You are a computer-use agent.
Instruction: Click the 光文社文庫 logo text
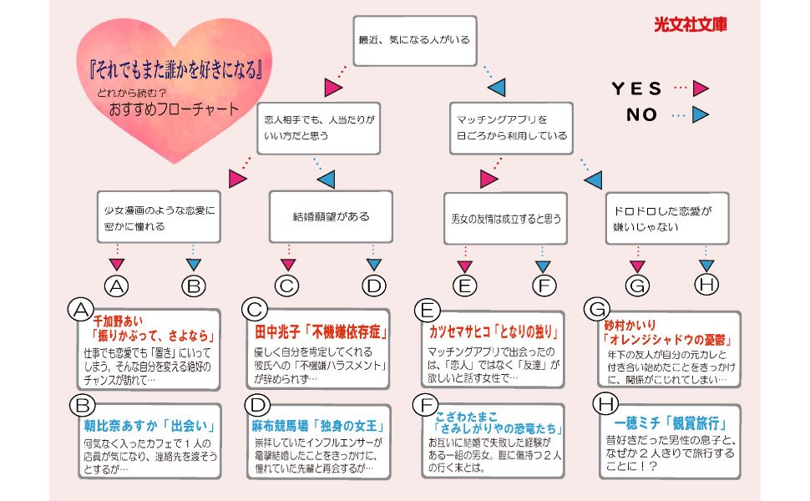pos(690,24)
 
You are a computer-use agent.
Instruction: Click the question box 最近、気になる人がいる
pos(415,40)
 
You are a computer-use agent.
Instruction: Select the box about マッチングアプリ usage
pos(511,128)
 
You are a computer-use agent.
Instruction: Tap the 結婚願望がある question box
pos(331,216)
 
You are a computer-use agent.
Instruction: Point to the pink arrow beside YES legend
pos(701,88)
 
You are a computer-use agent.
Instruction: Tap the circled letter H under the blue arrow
pos(706,285)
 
